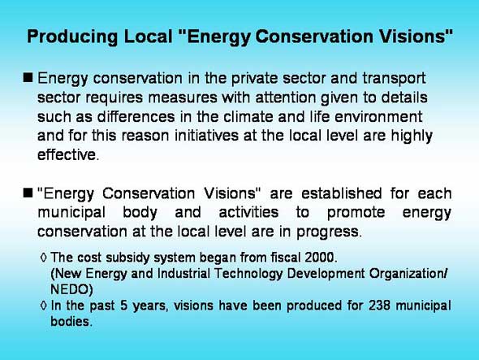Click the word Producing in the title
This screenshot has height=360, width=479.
(x=72, y=37)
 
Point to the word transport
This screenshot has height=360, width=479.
(x=394, y=79)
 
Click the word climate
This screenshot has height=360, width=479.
(x=248, y=117)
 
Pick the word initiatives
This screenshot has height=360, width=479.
(x=206, y=136)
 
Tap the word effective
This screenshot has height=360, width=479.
(x=67, y=154)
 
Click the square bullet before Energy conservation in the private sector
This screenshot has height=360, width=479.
(x=28, y=78)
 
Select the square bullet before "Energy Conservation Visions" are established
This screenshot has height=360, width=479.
(x=28, y=193)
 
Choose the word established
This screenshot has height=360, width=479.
(x=341, y=193)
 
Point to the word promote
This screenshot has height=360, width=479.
(x=356, y=213)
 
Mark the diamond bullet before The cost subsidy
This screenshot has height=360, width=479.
(x=44, y=258)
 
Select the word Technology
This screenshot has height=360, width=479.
(x=248, y=274)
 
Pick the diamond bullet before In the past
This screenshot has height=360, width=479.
(x=44, y=306)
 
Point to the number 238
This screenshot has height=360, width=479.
(x=379, y=306)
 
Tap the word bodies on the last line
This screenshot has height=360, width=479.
(x=70, y=321)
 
